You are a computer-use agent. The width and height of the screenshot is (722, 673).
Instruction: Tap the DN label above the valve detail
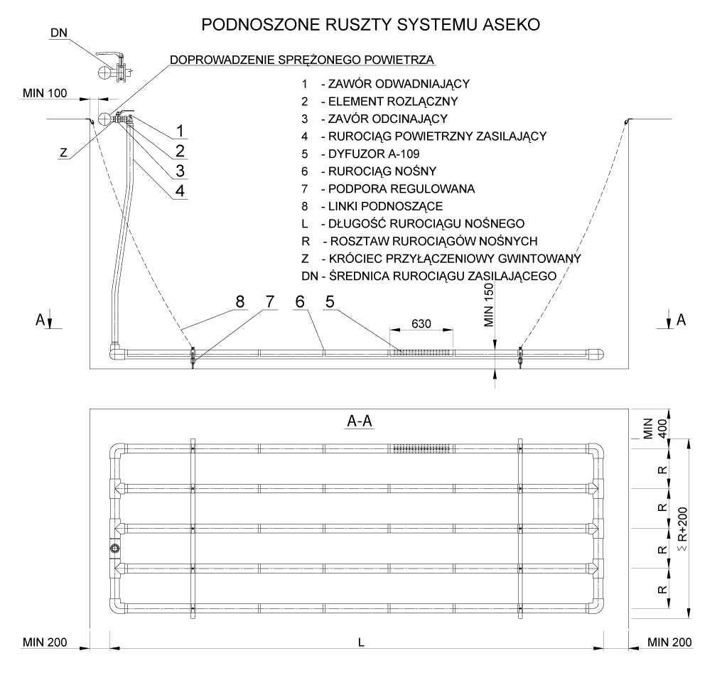pyautogui.click(x=58, y=33)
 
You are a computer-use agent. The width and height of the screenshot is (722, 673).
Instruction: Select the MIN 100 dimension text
pyautogui.click(x=45, y=93)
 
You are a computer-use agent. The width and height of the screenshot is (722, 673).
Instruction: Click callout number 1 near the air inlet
pyautogui.click(x=180, y=131)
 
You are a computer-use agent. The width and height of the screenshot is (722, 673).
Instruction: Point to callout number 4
pyautogui.click(x=180, y=190)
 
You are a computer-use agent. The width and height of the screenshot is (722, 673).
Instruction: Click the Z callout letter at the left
pyautogui.click(x=63, y=152)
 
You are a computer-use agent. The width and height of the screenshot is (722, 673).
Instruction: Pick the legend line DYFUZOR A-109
pyautogui.click(x=360, y=154)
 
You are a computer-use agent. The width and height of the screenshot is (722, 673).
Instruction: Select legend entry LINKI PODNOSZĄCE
pyautogui.click(x=372, y=206)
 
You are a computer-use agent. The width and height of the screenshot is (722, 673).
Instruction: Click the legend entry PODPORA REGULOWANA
pyautogui.click(x=388, y=189)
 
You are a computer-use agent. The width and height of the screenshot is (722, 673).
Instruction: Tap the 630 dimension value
pyautogui.click(x=421, y=323)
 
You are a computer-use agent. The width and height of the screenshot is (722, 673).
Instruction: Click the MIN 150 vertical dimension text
pyautogui.click(x=489, y=305)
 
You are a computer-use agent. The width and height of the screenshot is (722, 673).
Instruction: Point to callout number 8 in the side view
pyautogui.click(x=240, y=302)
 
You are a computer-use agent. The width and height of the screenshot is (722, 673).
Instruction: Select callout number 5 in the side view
pyautogui.click(x=330, y=302)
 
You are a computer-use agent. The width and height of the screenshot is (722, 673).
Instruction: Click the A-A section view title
pyautogui.click(x=360, y=421)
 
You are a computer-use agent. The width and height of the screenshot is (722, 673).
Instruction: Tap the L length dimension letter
pyautogui.click(x=362, y=642)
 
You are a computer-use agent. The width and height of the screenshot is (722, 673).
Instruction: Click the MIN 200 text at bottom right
pyautogui.click(x=669, y=642)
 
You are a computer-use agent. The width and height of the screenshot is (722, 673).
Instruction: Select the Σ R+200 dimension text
pyautogui.click(x=683, y=529)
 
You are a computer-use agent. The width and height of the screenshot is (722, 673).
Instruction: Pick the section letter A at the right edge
pyautogui.click(x=681, y=320)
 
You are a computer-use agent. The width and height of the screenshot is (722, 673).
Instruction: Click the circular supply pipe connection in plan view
pyautogui.click(x=114, y=548)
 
